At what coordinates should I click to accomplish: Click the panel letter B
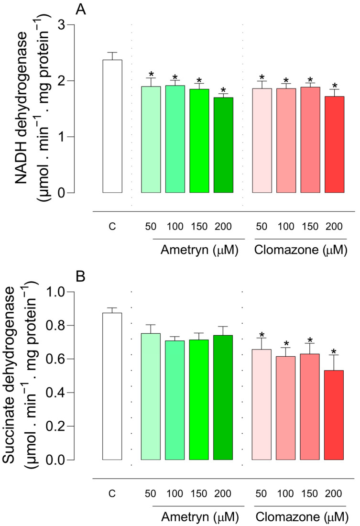[x=80, y=276]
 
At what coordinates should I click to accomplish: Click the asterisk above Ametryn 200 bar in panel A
[x=223, y=89]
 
